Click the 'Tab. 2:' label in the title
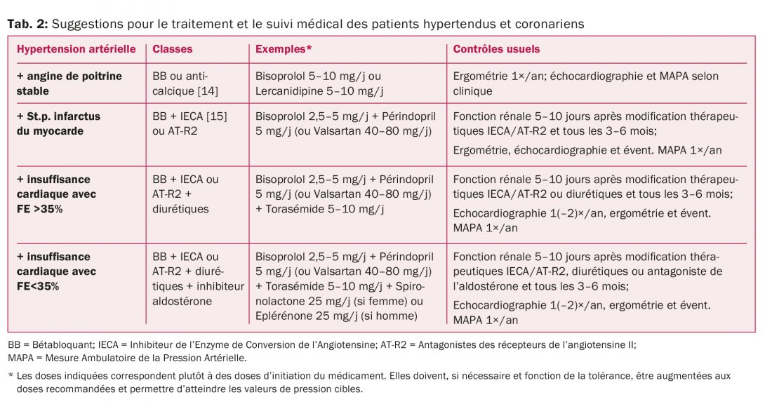click(27, 24)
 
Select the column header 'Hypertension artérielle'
click(76, 50)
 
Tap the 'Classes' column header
click(172, 50)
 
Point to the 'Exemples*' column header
click(284, 50)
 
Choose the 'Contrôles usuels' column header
click(496, 50)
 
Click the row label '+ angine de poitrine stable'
click(69, 83)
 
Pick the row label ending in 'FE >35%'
click(56, 194)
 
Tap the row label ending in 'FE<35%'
click(56, 271)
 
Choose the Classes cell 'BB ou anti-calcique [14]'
click(180, 83)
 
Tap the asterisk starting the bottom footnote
click(11, 375)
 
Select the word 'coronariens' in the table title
click(550, 24)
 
